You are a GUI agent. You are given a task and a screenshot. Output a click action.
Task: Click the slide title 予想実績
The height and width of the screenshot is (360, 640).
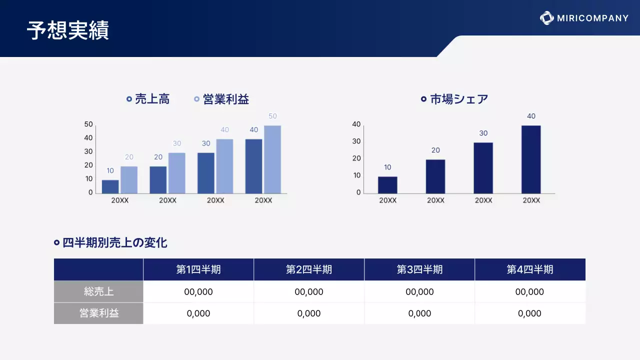coord(68,30)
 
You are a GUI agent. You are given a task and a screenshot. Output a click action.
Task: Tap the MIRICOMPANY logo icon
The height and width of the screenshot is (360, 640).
coord(546,18)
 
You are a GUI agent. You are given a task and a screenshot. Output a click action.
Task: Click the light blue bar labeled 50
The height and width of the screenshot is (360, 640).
coord(272,159)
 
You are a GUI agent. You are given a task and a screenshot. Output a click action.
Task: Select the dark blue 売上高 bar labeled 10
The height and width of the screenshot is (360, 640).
coord(110,186)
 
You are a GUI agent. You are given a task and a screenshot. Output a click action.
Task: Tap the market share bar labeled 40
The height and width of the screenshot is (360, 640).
coord(531,159)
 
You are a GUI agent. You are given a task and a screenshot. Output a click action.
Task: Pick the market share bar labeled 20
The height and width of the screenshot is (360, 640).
coord(435,176)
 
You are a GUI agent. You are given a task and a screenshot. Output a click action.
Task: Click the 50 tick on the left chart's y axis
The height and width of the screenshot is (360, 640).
coord(88,124)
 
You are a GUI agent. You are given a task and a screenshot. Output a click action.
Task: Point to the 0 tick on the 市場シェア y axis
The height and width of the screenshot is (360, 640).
coord(358,192)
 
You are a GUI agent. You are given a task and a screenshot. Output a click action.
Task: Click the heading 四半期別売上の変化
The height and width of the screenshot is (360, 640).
coord(114,243)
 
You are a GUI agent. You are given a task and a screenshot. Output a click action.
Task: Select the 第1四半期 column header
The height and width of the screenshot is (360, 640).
coord(198,269)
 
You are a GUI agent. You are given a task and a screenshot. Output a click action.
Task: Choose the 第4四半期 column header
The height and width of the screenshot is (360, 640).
coord(530,269)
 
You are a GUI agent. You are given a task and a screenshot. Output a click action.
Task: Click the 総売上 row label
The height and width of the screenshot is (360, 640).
coord(98,291)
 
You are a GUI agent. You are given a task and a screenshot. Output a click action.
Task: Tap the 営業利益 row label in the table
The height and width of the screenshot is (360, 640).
coord(98,313)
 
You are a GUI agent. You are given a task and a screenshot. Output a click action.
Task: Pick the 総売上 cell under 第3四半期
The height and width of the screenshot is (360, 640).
coord(419,291)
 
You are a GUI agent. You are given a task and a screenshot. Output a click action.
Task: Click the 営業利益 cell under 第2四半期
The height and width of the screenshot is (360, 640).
coord(309,313)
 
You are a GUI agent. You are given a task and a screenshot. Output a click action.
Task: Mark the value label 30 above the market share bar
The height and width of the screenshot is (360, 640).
coord(483,133)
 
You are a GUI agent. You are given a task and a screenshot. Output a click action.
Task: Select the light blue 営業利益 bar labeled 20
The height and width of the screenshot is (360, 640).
coord(129,179)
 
